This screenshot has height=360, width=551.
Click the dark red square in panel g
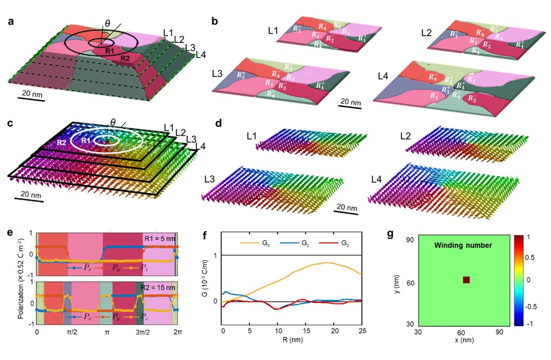(x=466, y=280)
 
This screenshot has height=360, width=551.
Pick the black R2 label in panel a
(x=126, y=57)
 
